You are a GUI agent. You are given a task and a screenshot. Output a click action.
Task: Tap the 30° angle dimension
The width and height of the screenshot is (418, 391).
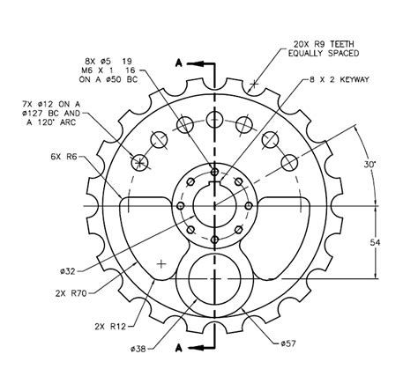click(x=370, y=164)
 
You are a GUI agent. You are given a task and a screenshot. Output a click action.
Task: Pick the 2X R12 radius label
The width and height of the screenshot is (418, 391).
click(x=107, y=326)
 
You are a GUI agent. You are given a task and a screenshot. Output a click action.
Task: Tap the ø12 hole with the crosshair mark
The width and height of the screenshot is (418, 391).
click(x=139, y=161)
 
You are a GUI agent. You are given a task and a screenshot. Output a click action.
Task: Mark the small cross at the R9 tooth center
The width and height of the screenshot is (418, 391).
click(x=254, y=85)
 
